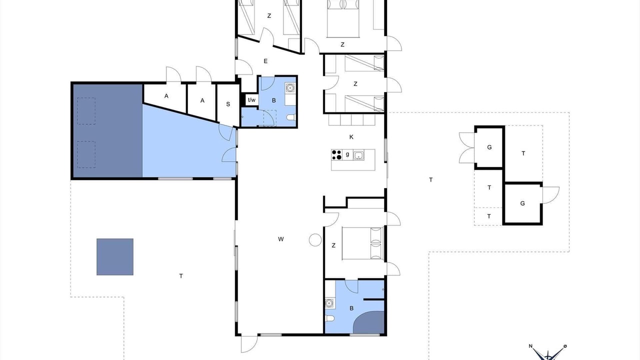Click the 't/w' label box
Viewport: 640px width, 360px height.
[x=251, y=100]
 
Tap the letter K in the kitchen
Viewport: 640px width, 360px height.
[x=351, y=137]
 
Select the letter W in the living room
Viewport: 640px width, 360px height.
[x=281, y=239]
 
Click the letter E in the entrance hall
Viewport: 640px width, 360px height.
[x=265, y=61]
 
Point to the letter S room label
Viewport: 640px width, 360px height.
[x=228, y=104]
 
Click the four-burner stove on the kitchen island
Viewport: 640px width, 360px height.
[x=336, y=155]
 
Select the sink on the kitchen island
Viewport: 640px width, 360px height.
[x=358, y=155]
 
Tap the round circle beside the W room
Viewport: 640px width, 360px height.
[x=315, y=240]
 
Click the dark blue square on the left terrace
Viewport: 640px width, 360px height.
[x=115, y=257]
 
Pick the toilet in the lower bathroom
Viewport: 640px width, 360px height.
[x=330, y=318]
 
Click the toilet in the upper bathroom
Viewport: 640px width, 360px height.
[x=291, y=117]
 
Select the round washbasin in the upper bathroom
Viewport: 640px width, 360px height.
[x=290, y=87]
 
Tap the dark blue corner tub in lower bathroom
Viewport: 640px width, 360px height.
[x=369, y=322]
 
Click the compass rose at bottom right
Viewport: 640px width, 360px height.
[x=548, y=353]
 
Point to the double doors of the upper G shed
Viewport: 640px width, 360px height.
[x=467, y=148]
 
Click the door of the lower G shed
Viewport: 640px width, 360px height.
[x=551, y=195]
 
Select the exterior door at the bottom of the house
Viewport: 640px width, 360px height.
[x=249, y=344]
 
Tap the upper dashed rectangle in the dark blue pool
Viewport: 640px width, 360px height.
[x=86, y=111]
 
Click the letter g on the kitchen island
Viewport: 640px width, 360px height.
[x=347, y=154]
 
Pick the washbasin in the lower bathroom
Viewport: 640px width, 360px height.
[x=329, y=303]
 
